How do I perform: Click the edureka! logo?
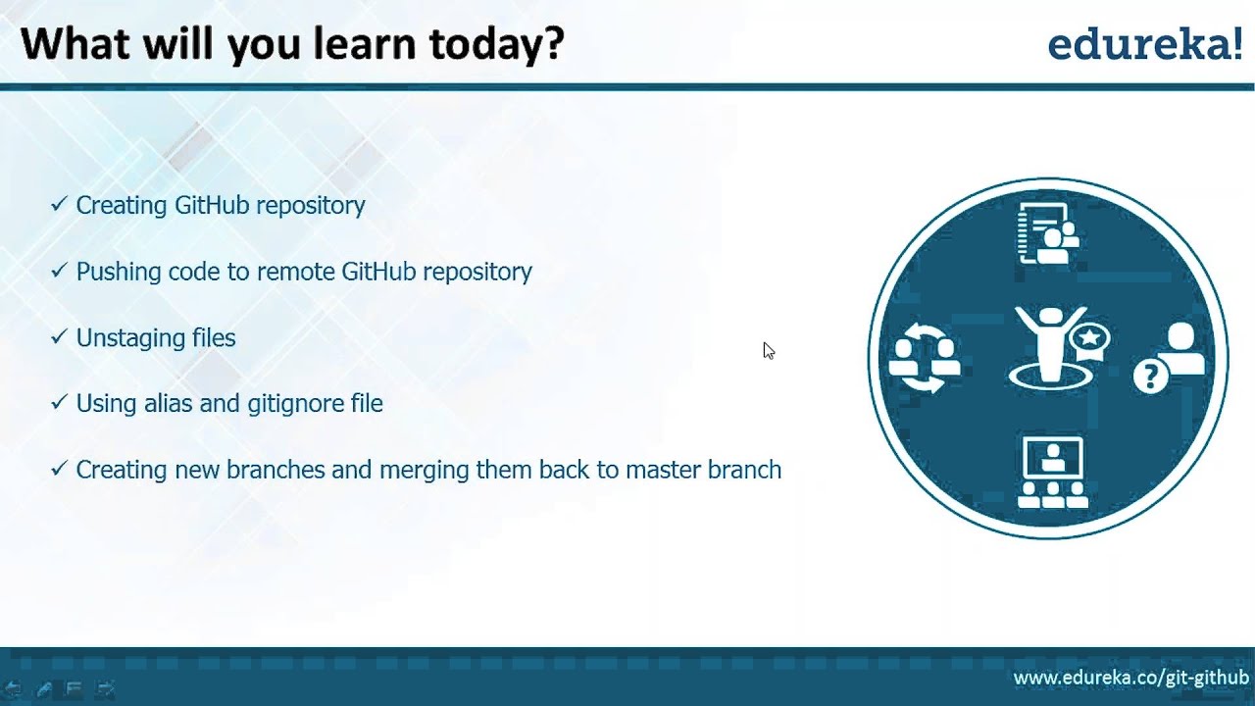pyautogui.click(x=1145, y=45)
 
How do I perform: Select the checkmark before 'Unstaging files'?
pyautogui.click(x=59, y=336)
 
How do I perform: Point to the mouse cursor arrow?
pyautogui.click(x=769, y=351)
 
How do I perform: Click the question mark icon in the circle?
pyautogui.click(x=1151, y=376)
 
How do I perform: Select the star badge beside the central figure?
pyautogui.click(x=1089, y=339)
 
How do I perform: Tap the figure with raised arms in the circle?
pyautogui.click(x=1050, y=347)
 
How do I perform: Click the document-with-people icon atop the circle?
pyautogui.click(x=1048, y=233)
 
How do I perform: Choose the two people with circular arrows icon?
pyautogui.click(x=924, y=359)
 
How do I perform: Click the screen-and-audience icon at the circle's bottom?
pyautogui.click(x=1052, y=472)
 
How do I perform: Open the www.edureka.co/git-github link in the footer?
pyautogui.click(x=1131, y=678)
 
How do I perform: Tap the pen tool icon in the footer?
pyautogui.click(x=44, y=688)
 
